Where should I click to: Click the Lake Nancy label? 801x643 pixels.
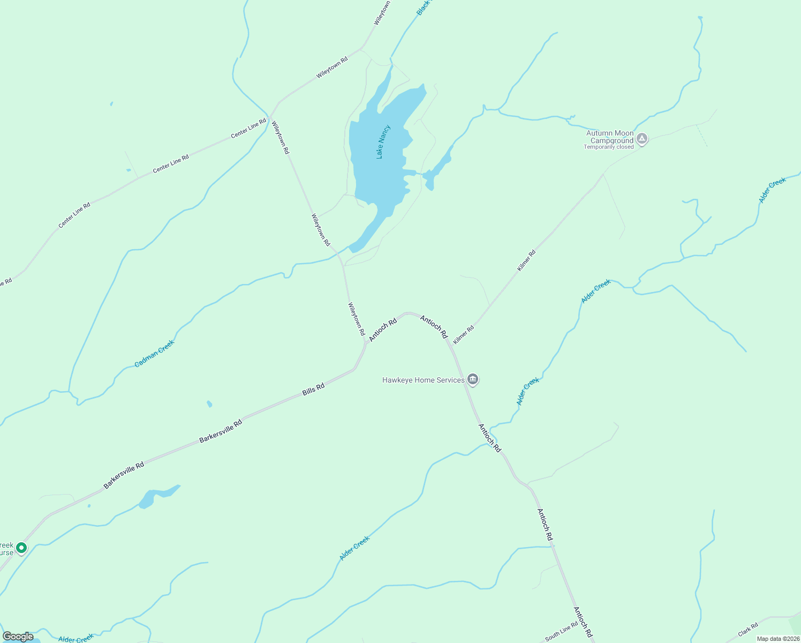383,142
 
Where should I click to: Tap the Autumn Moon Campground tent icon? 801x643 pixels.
642,139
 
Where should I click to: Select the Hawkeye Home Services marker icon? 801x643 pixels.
473,380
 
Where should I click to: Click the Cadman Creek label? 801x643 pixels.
154,354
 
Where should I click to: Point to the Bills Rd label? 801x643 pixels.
313,390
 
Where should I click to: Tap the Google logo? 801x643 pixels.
18,637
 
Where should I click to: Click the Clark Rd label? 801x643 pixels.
748,630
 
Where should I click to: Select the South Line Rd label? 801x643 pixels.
561,631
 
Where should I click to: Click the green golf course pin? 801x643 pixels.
21,548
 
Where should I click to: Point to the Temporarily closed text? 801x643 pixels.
608,147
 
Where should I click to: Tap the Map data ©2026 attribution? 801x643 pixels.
778,639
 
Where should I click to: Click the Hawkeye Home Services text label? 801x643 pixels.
423,380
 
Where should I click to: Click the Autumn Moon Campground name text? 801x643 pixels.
610,137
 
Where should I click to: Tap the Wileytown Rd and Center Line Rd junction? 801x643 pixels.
271,115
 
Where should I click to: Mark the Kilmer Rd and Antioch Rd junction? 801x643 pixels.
451,346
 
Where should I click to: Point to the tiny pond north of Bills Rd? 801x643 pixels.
209,403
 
